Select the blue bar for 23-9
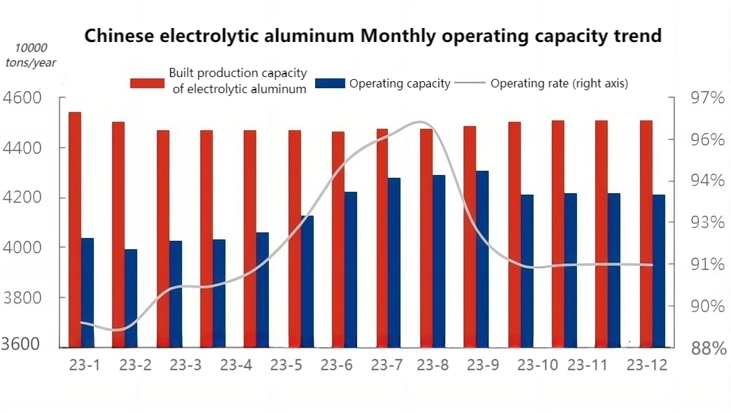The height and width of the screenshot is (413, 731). (x=482, y=259)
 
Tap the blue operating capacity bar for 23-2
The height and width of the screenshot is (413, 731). (x=131, y=298)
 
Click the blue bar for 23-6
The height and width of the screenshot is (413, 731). (x=351, y=269)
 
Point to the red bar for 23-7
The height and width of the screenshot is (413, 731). (x=382, y=238)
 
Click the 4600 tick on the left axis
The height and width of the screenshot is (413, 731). (x=22, y=98)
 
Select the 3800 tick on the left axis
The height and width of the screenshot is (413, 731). (x=22, y=297)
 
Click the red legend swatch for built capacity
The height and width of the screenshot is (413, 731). (x=148, y=83)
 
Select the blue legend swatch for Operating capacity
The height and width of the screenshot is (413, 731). (x=330, y=83)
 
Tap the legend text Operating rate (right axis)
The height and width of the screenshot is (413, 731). (x=559, y=83)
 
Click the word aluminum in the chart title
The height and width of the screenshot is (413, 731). (x=306, y=36)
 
